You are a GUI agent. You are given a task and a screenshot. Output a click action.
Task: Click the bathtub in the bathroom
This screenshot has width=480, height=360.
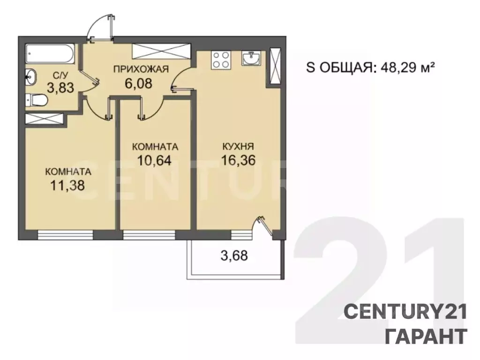pyautogui.click(x=50, y=54)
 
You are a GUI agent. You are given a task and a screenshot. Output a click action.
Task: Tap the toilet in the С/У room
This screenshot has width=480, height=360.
pyautogui.click(x=36, y=100)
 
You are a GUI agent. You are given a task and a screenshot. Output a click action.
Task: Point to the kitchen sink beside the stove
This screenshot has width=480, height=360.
pyautogui.click(x=251, y=58)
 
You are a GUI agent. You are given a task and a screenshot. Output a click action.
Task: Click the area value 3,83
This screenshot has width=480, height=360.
pyautogui.click(x=60, y=88)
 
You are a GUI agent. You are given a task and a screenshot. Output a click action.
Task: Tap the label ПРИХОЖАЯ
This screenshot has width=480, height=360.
pyautogui.click(x=141, y=69)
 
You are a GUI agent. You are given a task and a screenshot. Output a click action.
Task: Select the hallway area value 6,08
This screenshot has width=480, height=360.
pyautogui.click(x=138, y=83)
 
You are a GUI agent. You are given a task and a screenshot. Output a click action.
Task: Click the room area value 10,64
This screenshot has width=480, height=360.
pyautogui.click(x=154, y=160)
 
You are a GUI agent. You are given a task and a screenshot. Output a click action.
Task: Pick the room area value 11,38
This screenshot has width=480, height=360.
pyautogui.click(x=67, y=186)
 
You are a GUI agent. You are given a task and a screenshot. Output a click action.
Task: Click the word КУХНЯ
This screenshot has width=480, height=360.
pyautogui.click(x=238, y=147)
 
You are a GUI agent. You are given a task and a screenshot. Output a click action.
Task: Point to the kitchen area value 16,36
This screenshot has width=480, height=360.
pyautogui.click(x=239, y=160)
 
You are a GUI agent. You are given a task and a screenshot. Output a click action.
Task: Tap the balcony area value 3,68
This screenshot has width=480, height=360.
pyautogui.click(x=234, y=255)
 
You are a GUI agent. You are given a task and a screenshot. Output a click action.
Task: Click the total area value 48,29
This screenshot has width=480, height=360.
pyautogui.click(x=399, y=68)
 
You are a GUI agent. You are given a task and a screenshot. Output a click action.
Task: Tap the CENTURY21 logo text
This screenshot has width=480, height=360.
pyautogui.click(x=405, y=312)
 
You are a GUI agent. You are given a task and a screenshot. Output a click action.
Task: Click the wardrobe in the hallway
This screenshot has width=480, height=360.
pyautogui.click(x=162, y=51)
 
